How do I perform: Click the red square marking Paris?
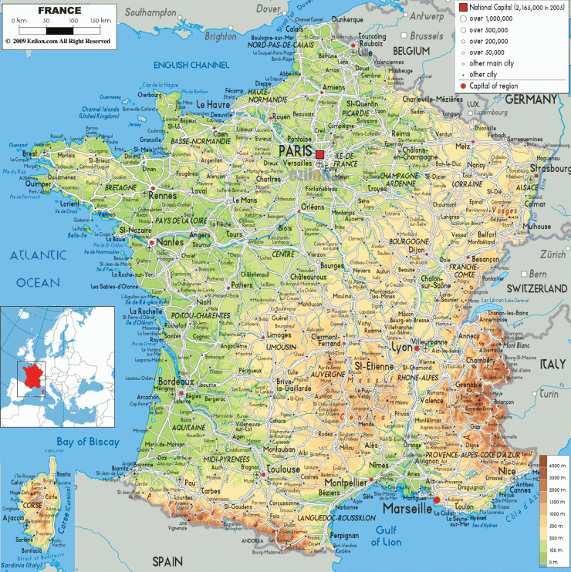pyautogui.click(x=319, y=155)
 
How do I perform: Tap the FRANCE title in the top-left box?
pyautogui.click(x=61, y=10)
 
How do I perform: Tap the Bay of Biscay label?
pyautogui.click(x=87, y=442)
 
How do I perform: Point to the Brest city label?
pyautogui.click(x=30, y=153)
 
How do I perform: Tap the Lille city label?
pyautogui.click(x=360, y=54)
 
